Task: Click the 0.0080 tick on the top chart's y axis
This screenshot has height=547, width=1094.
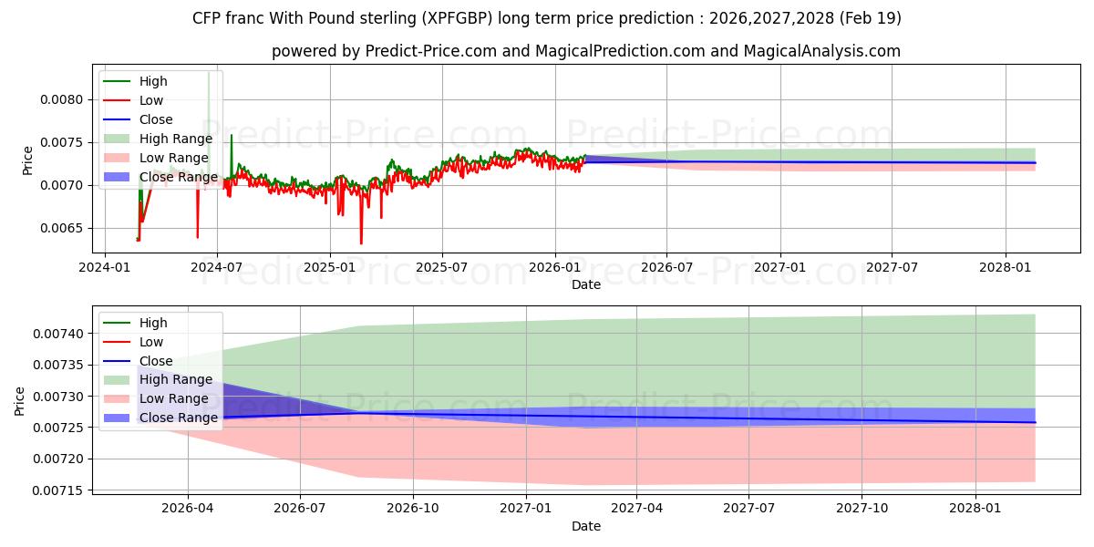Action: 62,99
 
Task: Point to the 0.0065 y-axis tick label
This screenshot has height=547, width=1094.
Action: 62,229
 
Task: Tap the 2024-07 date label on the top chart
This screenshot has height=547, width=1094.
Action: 217,268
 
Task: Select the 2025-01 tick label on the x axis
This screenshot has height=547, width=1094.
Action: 330,268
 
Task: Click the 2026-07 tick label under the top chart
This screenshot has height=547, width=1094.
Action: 666,268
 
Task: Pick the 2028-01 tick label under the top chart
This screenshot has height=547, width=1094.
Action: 1006,268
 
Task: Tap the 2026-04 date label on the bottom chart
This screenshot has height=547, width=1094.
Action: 188,509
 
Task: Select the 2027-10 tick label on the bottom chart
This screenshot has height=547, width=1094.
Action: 862,509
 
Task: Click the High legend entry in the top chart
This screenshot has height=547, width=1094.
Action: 153,81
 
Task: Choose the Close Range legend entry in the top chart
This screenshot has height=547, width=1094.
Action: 179,177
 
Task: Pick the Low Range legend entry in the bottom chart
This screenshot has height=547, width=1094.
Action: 174,398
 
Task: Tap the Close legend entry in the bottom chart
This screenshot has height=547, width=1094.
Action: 156,361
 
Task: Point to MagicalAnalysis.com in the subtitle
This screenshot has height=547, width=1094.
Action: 822,51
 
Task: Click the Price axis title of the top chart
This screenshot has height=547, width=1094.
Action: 27,160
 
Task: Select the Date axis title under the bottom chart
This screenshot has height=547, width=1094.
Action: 586,526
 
